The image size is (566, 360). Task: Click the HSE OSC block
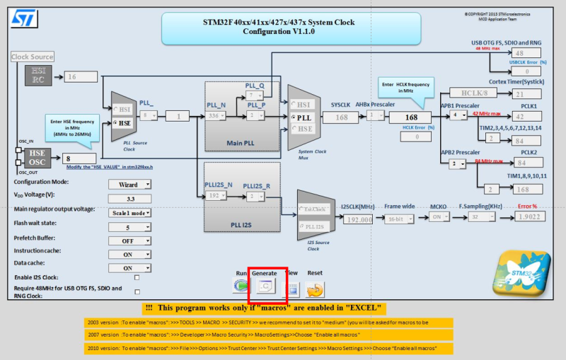[37, 158]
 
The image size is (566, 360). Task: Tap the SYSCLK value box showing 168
[340, 117]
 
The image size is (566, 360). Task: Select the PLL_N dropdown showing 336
[216, 116]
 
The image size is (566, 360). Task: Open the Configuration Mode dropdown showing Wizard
[129, 185]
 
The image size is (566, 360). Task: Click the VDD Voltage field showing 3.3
[129, 199]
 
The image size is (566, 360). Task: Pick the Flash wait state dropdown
[129, 227]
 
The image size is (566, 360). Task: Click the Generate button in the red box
[265, 286]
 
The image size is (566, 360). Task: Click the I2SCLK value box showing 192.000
[358, 219]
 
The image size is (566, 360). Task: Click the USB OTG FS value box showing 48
[527, 54]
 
